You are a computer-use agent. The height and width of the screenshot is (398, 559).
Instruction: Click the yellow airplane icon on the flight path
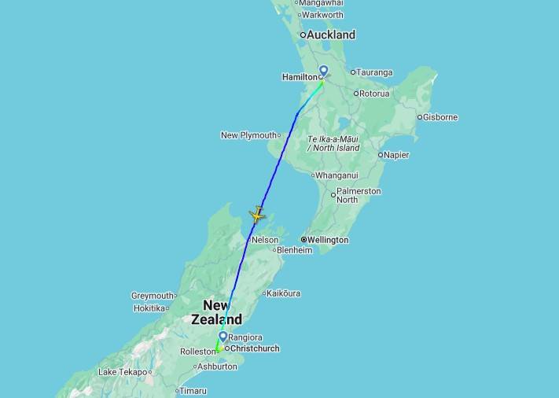[x=257, y=215]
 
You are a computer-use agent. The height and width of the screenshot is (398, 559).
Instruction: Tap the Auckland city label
[x=330, y=35]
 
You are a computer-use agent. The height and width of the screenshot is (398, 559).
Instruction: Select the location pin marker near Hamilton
[x=323, y=71]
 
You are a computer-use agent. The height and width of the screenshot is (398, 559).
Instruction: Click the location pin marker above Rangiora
[x=223, y=337]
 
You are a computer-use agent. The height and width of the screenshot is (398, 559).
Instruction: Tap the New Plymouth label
[x=248, y=135]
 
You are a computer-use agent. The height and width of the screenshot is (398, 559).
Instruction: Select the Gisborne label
[x=439, y=117]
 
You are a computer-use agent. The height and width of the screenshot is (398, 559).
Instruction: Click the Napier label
[x=396, y=155]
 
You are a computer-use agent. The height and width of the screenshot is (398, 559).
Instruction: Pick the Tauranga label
[x=375, y=72]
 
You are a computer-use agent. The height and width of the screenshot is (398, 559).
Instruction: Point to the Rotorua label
[x=374, y=94]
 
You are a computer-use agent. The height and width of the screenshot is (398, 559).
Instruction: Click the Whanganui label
[x=337, y=175]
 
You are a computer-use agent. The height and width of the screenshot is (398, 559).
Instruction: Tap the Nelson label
[x=265, y=240]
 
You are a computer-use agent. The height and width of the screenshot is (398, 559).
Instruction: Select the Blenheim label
[x=294, y=251]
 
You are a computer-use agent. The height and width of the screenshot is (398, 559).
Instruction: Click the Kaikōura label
[x=283, y=293]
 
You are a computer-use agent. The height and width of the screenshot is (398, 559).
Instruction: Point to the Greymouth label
[x=152, y=297]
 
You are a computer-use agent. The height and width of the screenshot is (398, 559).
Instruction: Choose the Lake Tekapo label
[x=122, y=372]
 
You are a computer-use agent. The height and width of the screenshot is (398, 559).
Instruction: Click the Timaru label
[x=193, y=391]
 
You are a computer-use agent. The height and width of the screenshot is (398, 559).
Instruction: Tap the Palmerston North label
[x=358, y=195]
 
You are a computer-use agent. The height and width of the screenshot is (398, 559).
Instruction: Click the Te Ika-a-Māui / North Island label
[x=333, y=143]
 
